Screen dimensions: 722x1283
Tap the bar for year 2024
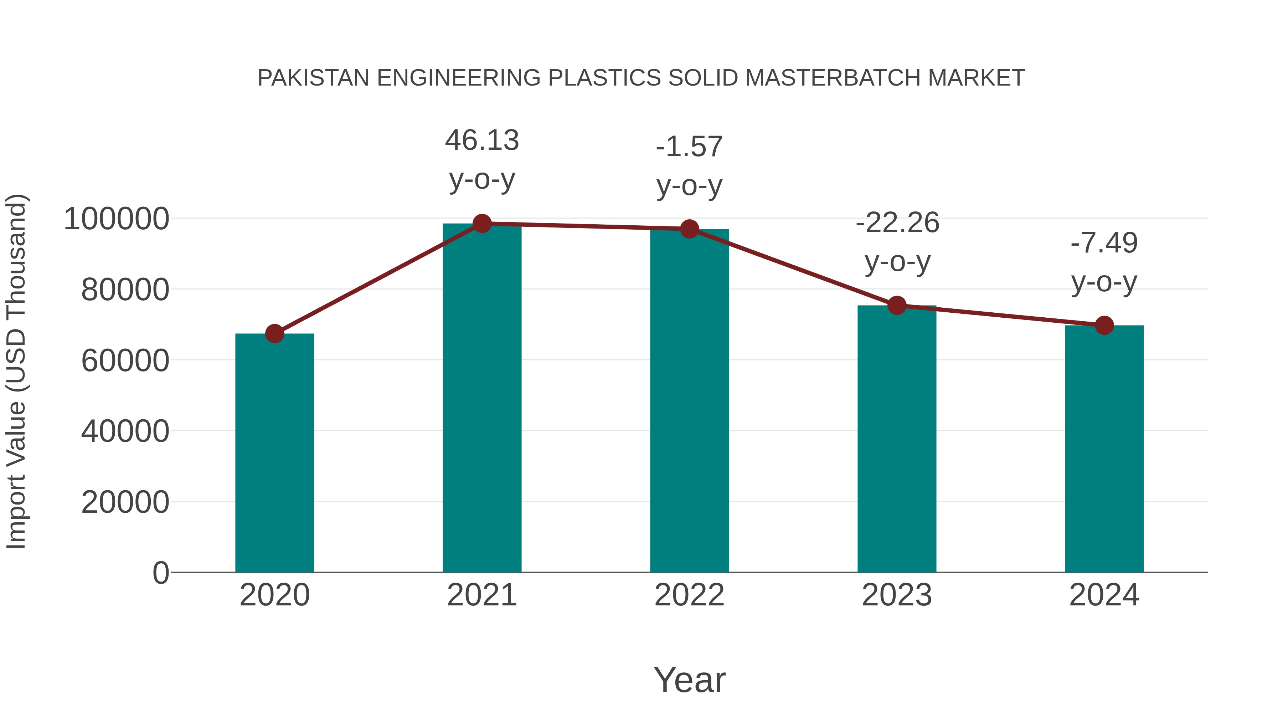point(1104,449)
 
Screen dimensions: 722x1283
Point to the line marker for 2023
point(897,306)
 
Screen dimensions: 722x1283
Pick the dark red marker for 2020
point(274,334)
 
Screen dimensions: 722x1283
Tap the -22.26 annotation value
point(897,223)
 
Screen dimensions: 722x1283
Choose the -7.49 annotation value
point(1104,243)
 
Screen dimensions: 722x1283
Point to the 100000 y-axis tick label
point(117,219)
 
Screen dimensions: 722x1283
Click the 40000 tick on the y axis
point(125,431)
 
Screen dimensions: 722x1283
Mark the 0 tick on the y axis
point(161,573)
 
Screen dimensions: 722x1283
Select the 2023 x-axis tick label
point(897,595)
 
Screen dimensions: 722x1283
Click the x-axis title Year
point(689,680)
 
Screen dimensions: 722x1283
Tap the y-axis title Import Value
point(16,371)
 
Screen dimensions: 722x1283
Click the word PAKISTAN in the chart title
point(313,78)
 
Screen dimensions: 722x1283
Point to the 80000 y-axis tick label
point(125,290)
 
